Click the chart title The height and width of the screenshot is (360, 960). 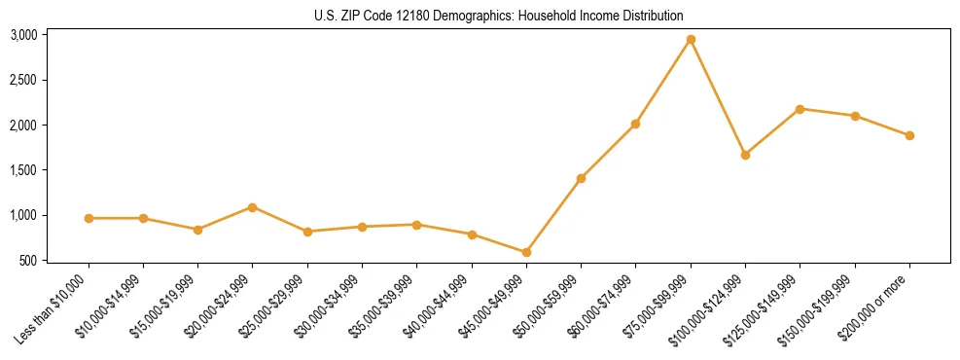pos(499,17)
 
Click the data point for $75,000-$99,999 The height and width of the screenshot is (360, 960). pos(691,40)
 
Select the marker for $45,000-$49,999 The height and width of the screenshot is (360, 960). pos(526,253)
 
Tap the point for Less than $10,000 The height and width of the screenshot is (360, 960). pos(89,218)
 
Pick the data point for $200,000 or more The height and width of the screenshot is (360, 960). pos(909,136)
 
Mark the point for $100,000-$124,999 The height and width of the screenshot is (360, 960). pos(745,155)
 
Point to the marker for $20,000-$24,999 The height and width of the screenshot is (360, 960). pos(253,207)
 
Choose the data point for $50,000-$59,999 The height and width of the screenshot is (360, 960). pos(581,178)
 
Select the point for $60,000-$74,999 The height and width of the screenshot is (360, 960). pos(635,125)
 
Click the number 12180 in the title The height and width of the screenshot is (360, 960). pos(403,17)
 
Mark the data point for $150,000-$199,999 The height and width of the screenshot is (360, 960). pos(855,116)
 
